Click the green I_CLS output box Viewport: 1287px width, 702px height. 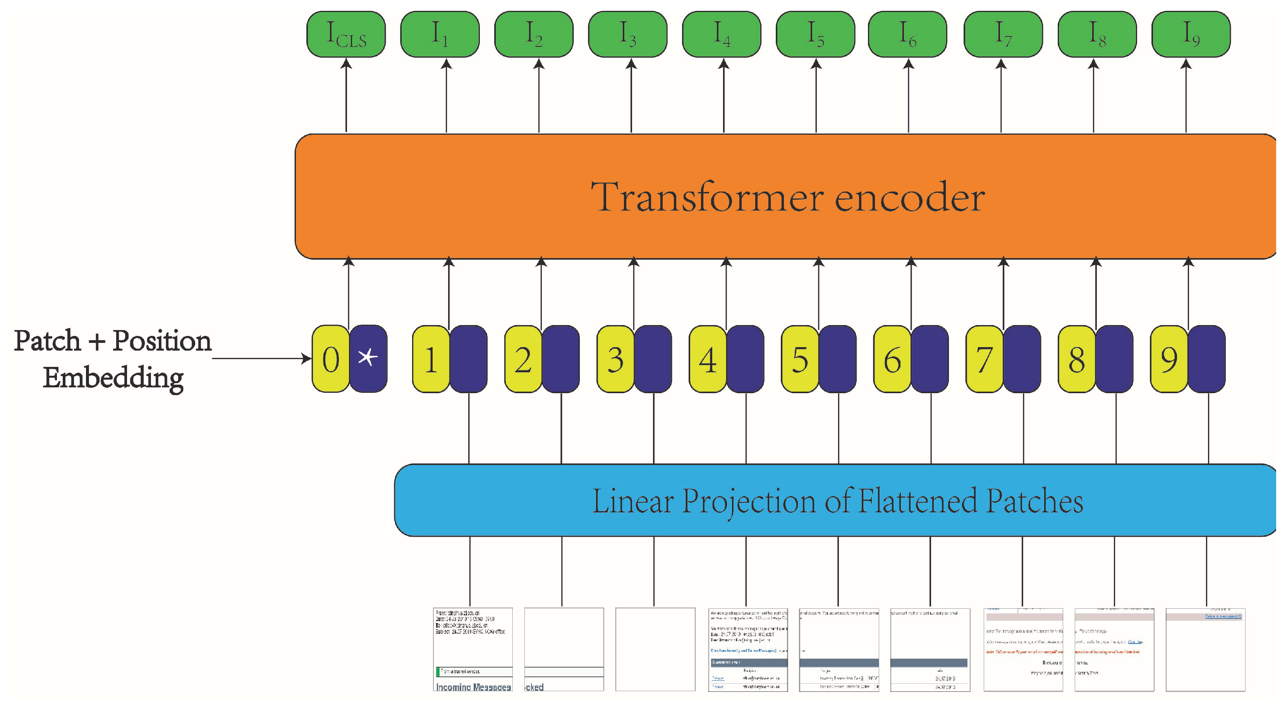click(346, 34)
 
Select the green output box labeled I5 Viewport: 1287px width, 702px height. click(815, 34)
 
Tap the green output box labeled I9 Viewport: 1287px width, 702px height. click(1191, 34)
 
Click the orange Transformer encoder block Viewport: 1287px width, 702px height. click(784, 197)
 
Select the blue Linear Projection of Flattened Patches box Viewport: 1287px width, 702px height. click(834, 500)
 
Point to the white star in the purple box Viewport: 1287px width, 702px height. click(368, 358)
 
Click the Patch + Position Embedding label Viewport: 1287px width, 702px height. click(113, 358)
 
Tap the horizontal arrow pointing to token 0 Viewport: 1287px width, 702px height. click(260, 358)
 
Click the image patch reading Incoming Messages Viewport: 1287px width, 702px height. click(473, 649)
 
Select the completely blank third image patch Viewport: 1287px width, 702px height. click(655, 649)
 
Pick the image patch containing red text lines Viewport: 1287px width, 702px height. click(1023, 649)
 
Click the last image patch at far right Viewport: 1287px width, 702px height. click(1205, 649)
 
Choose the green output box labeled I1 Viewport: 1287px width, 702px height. click(440, 34)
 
